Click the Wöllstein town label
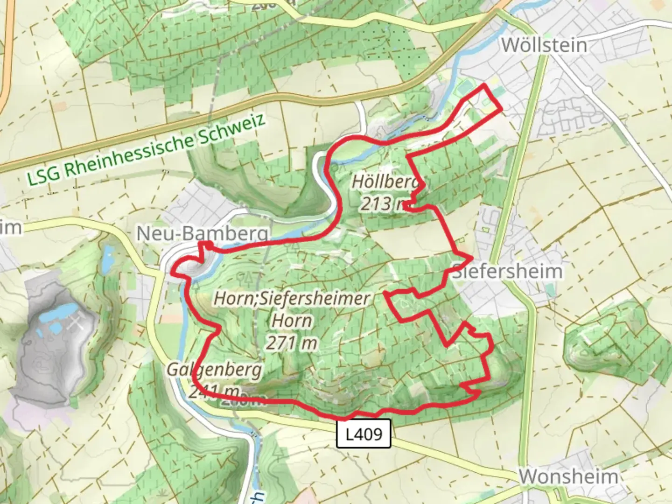pos(544,45)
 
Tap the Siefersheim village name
pos(507,271)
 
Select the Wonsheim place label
pos(568,477)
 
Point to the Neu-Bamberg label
pos(203,234)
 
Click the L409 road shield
pos(364,434)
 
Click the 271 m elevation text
pos(292,343)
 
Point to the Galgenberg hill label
pos(215,370)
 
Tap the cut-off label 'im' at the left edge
pos(10,228)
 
